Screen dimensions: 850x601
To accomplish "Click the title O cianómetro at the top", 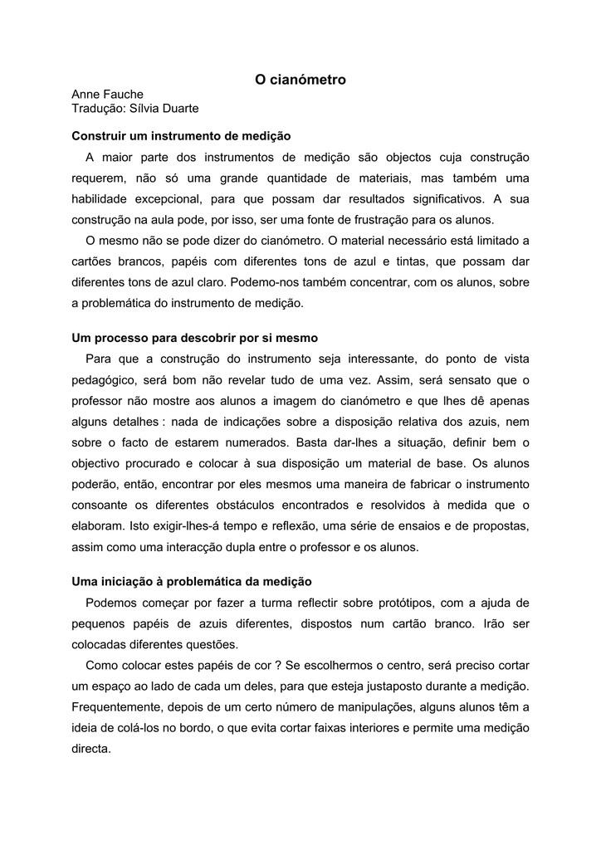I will pos(300,80).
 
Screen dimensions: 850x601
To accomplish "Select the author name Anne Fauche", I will pos(107,95).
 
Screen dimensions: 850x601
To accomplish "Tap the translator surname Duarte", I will pos(176,110).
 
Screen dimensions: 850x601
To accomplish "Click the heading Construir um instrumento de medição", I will pos(181,135).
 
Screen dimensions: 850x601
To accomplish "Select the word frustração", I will pos(359,220).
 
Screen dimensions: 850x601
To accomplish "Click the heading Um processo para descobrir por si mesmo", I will pos(195,339).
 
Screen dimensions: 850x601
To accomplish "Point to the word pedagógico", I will pos(106,380).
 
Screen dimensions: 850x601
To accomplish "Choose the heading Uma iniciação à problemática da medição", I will pos(192,582).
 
